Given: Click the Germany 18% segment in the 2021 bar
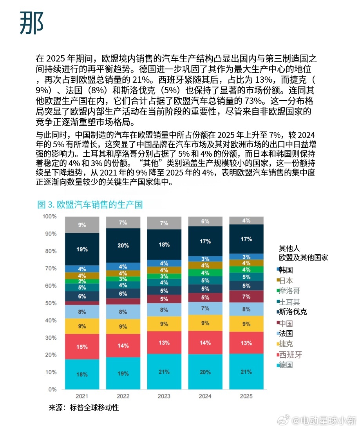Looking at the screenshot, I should click(x=81, y=374).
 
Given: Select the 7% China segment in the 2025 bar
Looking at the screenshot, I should click(x=246, y=297).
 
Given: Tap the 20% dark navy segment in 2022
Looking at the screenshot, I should click(x=123, y=245).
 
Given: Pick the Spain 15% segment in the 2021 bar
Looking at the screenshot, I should click(x=81, y=347).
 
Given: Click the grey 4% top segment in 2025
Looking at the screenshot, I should click(x=246, y=221).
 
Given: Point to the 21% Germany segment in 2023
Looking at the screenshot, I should click(x=164, y=371).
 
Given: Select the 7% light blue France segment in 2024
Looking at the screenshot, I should click(x=205, y=309).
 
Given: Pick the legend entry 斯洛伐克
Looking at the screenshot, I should click(x=291, y=312).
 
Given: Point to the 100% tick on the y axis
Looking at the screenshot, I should click(x=49, y=216).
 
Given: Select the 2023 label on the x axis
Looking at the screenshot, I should click(x=164, y=396).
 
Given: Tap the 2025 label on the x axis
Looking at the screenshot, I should click(x=246, y=396).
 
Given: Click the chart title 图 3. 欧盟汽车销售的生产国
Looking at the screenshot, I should click(x=90, y=205).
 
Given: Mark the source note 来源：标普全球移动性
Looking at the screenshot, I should click(x=83, y=408).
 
